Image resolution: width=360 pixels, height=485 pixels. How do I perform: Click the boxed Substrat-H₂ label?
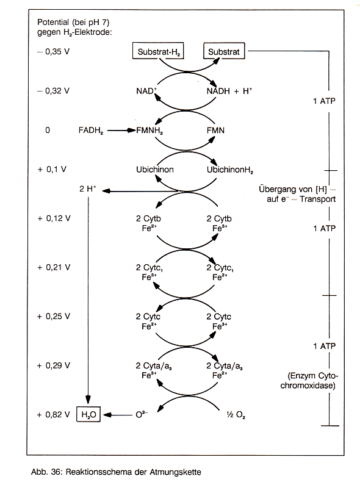(x=158, y=51)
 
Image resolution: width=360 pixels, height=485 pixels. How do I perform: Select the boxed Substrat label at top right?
(x=224, y=51)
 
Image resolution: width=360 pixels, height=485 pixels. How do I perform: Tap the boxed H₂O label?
(x=88, y=414)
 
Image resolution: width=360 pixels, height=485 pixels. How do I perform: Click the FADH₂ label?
(x=91, y=131)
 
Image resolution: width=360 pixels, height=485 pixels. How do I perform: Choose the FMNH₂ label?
(x=149, y=131)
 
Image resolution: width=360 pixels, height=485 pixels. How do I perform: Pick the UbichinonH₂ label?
(x=230, y=170)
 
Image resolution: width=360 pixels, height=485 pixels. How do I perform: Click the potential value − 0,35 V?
(x=53, y=51)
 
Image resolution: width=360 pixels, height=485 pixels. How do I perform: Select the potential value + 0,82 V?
(x=53, y=414)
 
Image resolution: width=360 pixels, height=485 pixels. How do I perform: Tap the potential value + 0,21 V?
(x=54, y=267)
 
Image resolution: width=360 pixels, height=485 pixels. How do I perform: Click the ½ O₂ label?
(x=236, y=415)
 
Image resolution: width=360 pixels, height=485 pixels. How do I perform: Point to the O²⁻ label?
(x=142, y=414)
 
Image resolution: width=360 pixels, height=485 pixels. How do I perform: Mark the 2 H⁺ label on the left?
(x=87, y=189)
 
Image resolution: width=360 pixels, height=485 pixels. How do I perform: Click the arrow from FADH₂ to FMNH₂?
(x=121, y=131)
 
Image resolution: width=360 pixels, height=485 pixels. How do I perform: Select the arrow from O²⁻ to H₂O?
(x=118, y=415)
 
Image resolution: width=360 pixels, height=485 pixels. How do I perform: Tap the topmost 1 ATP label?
(x=324, y=101)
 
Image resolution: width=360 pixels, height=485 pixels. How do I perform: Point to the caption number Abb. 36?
(x=47, y=472)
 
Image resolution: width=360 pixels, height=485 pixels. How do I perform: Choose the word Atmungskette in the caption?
(x=175, y=472)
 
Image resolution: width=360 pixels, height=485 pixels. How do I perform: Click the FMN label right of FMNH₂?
(x=215, y=131)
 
